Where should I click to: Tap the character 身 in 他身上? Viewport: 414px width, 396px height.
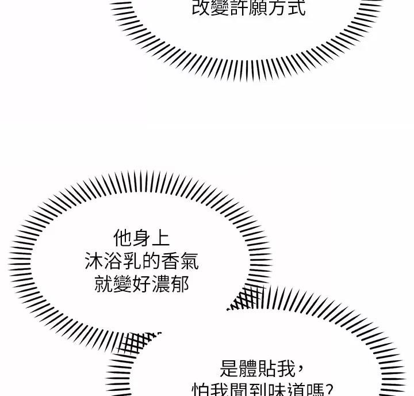pos(141,238)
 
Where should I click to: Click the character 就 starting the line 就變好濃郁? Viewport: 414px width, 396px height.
pos(103,284)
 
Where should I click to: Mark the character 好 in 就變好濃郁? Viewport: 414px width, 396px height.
pos(141,284)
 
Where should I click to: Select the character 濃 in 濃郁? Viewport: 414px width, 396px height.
pos(160,284)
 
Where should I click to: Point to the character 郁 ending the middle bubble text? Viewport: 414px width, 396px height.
pos(179,284)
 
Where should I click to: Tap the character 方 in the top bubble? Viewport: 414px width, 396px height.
pos(277,8)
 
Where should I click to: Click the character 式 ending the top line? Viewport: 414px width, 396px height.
pos(296,8)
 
